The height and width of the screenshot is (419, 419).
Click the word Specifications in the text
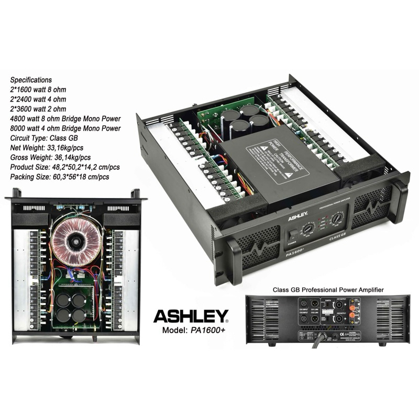click(x=31, y=80)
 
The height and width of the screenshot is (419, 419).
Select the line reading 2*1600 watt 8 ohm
click(x=39, y=90)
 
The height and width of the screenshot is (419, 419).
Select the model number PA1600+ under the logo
click(x=205, y=331)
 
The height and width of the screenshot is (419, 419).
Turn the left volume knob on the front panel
click(x=308, y=229)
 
